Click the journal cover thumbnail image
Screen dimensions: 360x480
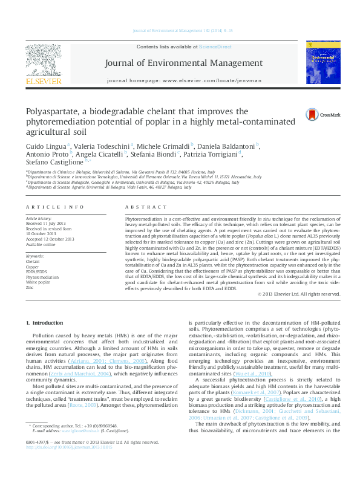click(x=322, y=63)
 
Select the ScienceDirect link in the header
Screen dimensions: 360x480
click(x=216, y=47)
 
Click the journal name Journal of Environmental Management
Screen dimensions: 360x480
click(x=183, y=63)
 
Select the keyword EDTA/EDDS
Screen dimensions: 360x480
click(x=37, y=273)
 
